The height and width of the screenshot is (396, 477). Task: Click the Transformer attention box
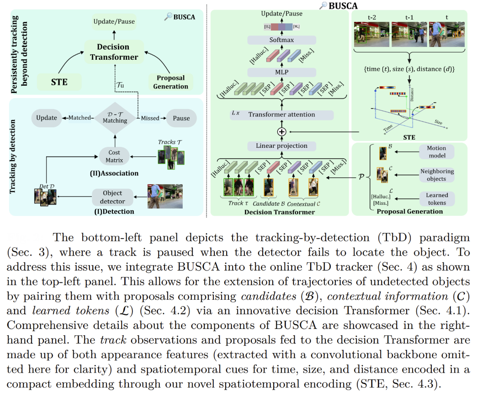click(281, 115)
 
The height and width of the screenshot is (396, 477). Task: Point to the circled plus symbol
click(281, 131)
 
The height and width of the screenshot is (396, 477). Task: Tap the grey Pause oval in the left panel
click(181, 118)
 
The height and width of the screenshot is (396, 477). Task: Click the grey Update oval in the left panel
click(47, 118)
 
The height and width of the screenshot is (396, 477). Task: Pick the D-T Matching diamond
click(115, 118)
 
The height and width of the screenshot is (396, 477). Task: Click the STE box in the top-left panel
click(60, 82)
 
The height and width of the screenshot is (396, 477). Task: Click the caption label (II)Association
click(114, 174)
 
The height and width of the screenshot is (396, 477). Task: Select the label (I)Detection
click(114, 212)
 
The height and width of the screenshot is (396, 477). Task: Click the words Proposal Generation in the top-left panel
click(170, 82)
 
